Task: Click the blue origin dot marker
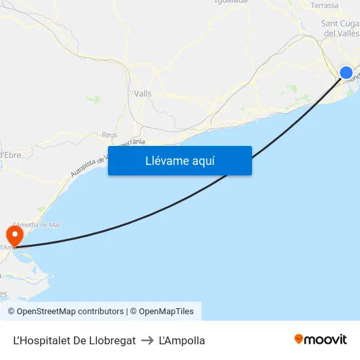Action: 346,73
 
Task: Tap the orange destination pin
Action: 14,234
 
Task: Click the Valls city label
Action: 142,94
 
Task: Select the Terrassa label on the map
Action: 325,5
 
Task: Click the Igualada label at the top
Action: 230,2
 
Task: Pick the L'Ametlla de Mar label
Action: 37,225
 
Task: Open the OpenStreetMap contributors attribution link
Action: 70,312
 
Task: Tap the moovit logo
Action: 321,340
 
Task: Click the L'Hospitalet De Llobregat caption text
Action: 75,340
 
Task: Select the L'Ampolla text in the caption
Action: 182,340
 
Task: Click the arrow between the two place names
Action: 147,340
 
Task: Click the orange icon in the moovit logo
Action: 299,339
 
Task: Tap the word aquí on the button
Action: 203,160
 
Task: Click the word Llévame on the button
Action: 167,160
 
